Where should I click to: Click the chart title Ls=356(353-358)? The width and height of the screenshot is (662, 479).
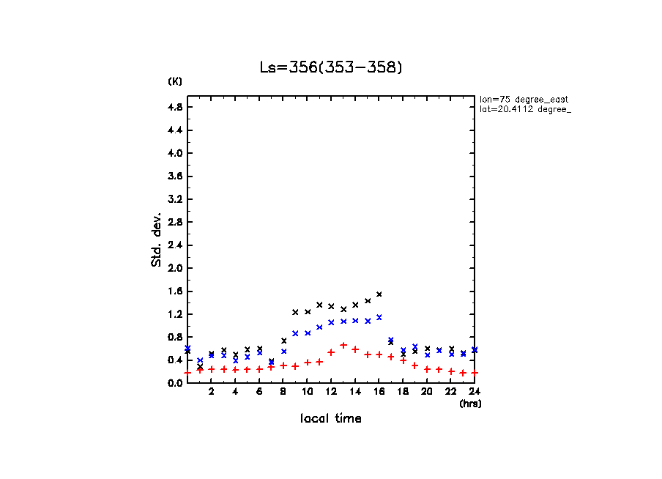click(x=331, y=67)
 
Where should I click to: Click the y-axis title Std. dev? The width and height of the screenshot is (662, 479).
click(x=157, y=239)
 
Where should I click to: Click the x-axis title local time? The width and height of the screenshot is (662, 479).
click(x=331, y=418)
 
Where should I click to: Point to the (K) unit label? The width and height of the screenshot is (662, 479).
click(x=175, y=81)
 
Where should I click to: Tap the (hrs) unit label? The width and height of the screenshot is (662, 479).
click(x=470, y=403)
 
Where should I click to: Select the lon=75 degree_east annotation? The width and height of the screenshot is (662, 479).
click(x=524, y=99)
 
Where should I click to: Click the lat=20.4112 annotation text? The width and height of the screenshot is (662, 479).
click(x=520, y=109)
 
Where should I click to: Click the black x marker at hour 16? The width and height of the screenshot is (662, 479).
click(x=379, y=294)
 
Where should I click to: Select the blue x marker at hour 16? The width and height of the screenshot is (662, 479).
click(x=379, y=317)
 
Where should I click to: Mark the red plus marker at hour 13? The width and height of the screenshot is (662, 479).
click(x=343, y=345)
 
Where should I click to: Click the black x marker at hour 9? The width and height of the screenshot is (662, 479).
click(x=295, y=312)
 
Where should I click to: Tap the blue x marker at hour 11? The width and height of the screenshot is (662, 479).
click(x=319, y=327)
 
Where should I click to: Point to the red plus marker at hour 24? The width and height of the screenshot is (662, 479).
click(x=475, y=373)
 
